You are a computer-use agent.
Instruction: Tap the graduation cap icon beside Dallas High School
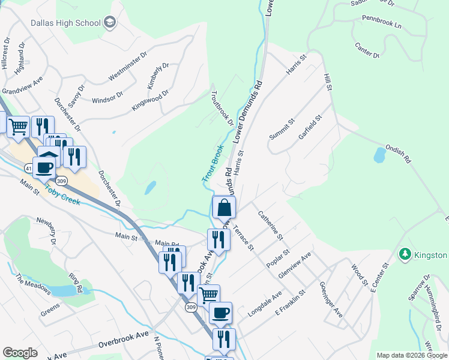109,23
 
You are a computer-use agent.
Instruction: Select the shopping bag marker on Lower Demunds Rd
224,208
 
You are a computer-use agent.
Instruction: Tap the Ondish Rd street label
397,154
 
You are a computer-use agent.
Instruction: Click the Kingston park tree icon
405,255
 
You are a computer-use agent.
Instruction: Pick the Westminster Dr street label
128,66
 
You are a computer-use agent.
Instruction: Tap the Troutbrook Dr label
222,108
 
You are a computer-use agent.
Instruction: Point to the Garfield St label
310,128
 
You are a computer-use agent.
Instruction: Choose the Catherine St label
270,225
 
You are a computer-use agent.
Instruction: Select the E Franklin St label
291,302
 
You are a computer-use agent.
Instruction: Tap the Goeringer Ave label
331,300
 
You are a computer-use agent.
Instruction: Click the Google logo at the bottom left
20,353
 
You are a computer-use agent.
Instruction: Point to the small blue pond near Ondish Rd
379,155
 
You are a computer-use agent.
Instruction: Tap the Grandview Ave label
22,85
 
